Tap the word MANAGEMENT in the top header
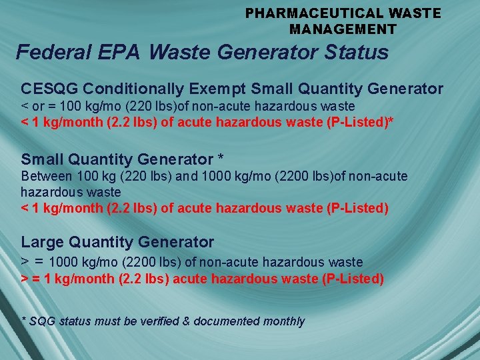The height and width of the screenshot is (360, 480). coord(343,29)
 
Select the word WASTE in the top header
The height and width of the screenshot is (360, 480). coord(418,13)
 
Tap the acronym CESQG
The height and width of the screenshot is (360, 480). coord(51,89)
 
